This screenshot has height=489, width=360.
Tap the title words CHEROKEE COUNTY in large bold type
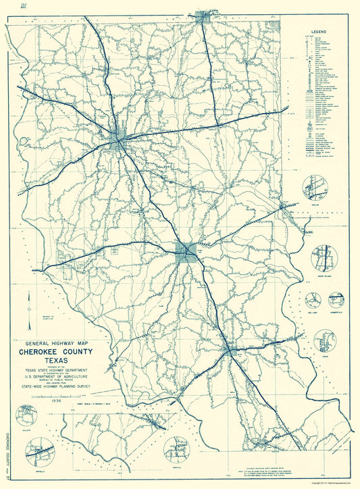(66, 351)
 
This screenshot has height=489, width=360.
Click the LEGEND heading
(319, 32)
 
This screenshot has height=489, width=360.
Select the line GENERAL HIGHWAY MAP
(66, 342)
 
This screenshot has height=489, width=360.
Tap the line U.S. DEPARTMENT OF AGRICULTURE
(66, 380)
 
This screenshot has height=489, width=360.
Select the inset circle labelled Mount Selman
(324, 257)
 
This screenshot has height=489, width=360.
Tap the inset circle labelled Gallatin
(28, 416)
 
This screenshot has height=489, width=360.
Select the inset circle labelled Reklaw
(315, 187)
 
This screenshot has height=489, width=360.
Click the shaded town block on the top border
(201, 16)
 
